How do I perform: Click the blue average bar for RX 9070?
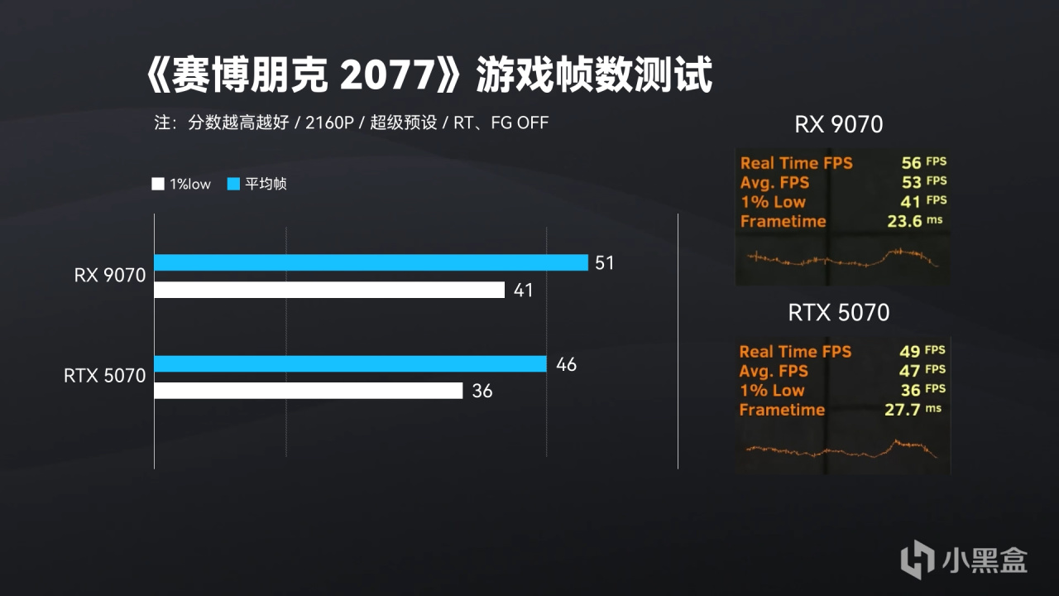[x=371, y=262]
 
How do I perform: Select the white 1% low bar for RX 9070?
[x=329, y=290]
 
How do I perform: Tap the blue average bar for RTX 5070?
[x=350, y=364]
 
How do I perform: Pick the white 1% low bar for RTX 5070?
[x=308, y=391]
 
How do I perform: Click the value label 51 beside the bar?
[x=605, y=263]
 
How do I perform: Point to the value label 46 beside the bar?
[x=566, y=364]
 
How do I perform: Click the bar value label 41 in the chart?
[x=523, y=291]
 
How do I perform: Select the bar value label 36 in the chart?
[x=482, y=391]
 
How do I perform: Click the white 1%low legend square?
[x=158, y=185]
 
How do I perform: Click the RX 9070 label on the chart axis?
[x=109, y=276]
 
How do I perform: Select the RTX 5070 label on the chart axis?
[x=104, y=377]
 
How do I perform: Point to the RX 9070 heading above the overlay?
[x=838, y=125]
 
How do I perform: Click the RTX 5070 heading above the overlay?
[x=838, y=313]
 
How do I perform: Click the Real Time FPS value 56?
[x=911, y=163]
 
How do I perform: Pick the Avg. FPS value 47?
[x=910, y=371]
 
